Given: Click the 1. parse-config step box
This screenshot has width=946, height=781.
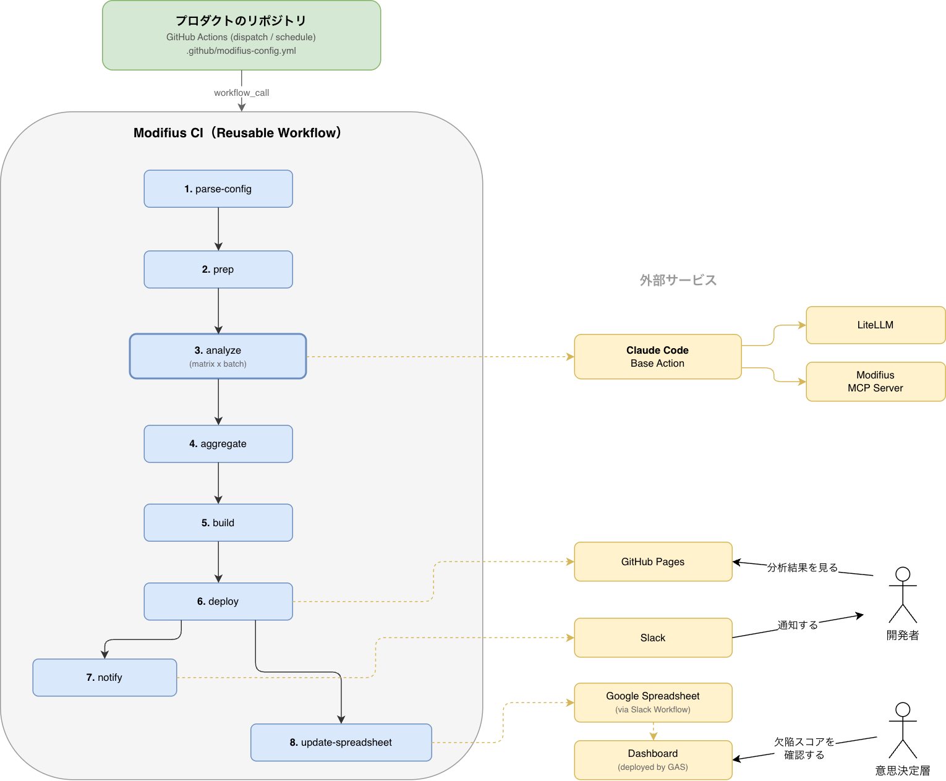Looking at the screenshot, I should point(218,189).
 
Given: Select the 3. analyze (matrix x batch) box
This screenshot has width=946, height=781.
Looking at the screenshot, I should point(218,356).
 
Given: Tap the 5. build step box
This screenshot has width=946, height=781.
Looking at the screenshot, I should point(218,523).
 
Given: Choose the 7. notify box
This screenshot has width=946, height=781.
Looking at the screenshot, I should point(104,677).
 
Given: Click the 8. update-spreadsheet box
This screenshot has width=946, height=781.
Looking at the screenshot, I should point(341,742).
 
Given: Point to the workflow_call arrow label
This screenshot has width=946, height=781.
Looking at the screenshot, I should point(241,93).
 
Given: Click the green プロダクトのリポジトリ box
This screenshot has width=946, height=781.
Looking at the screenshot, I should point(241,35).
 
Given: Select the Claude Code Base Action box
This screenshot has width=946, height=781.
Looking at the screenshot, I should point(657,356).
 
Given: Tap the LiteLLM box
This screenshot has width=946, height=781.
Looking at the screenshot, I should point(875,325).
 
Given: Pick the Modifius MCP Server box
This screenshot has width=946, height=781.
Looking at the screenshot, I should point(875,381).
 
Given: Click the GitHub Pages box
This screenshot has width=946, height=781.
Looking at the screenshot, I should point(653,561).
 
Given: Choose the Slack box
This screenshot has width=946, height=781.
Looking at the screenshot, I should point(653,638).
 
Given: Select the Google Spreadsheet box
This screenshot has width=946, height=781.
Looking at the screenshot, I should point(653,702).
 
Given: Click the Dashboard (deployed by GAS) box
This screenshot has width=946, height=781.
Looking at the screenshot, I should point(653,759).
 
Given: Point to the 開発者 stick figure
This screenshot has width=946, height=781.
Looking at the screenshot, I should point(903,595).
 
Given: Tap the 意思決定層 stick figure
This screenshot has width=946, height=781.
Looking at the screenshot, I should point(903,730).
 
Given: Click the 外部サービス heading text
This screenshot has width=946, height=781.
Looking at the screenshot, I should point(678,280).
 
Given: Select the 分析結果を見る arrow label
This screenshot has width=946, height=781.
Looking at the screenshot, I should point(803,567).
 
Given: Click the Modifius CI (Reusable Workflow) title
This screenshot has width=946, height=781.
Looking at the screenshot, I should point(237,133).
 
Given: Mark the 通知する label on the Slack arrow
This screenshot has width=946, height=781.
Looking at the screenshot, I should point(798,625).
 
